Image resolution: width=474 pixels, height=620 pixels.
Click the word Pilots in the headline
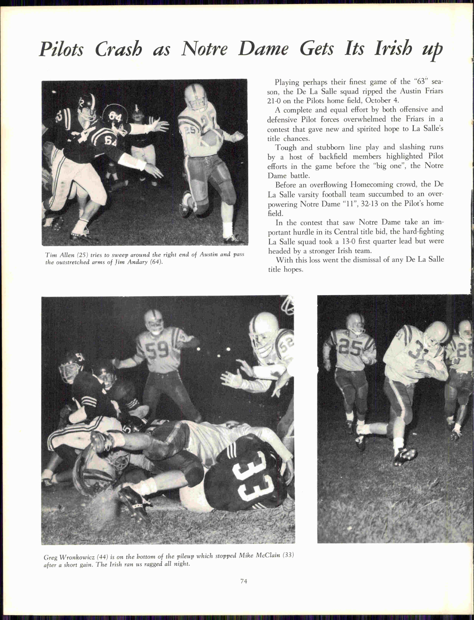pyautogui.click(x=61, y=49)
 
